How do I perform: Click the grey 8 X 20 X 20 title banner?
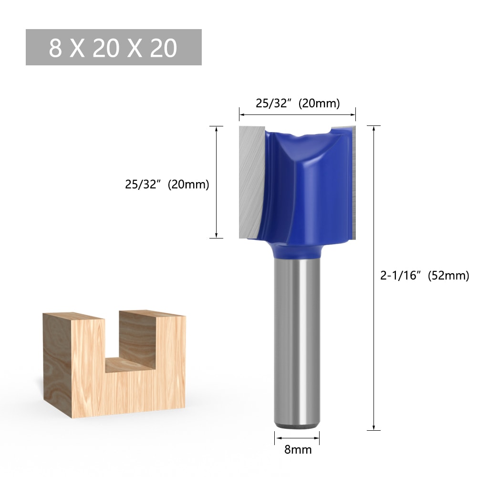pyautogui.click(x=114, y=47)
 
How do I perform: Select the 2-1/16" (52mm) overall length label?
pyautogui.click(x=425, y=276)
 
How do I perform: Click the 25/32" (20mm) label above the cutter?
pyautogui.click(x=298, y=104)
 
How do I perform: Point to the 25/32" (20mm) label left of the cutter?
pyautogui.click(x=167, y=185)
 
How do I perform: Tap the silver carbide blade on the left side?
pyautogui.click(x=250, y=181)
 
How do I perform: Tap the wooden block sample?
pyautogui.click(x=76, y=372)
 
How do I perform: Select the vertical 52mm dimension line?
pyautogui.click(x=374, y=277)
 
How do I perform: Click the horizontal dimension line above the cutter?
pyautogui.click(x=298, y=114)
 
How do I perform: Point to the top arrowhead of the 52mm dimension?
pyautogui.click(x=374, y=129)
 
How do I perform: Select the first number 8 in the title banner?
pyautogui.click(x=55, y=48)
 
